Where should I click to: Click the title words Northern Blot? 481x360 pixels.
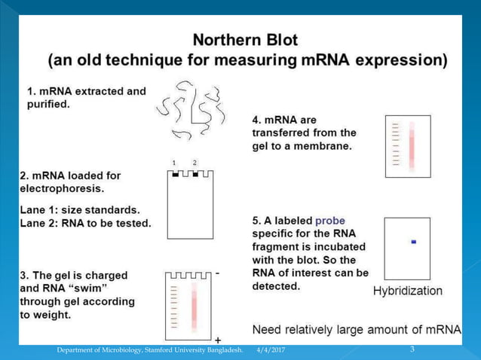[x=246, y=39]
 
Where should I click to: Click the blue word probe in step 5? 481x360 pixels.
[x=330, y=221]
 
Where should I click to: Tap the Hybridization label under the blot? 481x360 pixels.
[x=408, y=291]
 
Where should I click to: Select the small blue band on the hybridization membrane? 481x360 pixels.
[x=413, y=242]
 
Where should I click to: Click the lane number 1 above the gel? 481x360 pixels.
[x=174, y=163]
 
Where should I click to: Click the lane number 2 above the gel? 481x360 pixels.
[x=195, y=163]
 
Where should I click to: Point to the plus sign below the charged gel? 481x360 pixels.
[x=218, y=340]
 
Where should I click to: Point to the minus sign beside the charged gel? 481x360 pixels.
[x=217, y=274]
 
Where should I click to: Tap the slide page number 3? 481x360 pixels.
[x=412, y=349]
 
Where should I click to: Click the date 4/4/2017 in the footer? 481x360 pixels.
[x=271, y=350]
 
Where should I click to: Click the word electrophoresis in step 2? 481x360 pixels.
[x=60, y=188]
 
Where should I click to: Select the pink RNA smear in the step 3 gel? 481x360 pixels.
[x=192, y=304]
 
